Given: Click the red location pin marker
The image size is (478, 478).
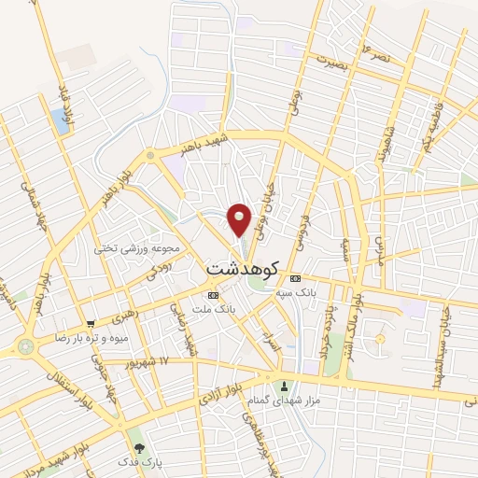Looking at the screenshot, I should click(240, 218).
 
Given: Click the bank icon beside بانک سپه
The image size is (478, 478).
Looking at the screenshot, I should click(295, 278).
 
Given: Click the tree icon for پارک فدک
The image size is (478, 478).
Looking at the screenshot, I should click(139, 448).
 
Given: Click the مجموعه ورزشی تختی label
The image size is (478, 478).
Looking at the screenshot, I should click(123, 249).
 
